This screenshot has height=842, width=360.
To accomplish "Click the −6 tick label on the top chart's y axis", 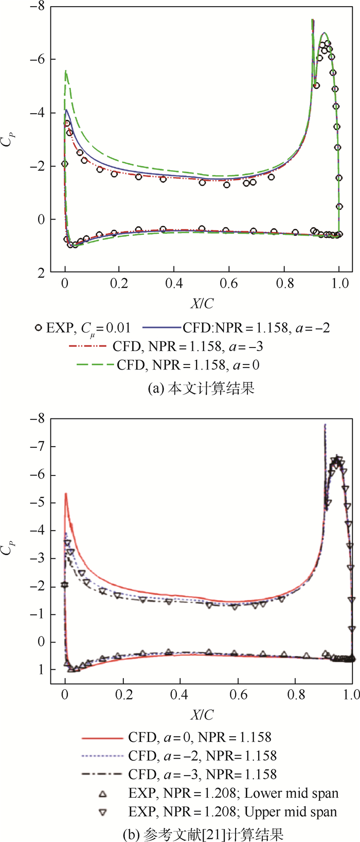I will [38, 60].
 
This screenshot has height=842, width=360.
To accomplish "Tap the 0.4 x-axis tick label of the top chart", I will [174, 283].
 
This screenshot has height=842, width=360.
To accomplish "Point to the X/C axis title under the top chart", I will [202, 304].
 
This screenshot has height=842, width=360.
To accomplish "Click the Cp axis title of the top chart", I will [8, 139].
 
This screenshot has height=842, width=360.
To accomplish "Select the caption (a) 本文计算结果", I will [201, 388].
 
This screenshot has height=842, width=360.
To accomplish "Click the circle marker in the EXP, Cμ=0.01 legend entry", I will [38, 327].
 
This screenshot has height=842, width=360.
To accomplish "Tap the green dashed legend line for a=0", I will [95, 365].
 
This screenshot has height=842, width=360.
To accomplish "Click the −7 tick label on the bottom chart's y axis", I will [38, 447].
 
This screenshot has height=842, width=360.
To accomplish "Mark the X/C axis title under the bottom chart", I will [202, 715].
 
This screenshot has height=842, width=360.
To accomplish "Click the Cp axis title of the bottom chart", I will [8, 550].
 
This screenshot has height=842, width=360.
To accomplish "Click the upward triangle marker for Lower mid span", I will [103, 794].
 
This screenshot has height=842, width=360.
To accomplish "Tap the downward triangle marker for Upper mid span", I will [103, 812].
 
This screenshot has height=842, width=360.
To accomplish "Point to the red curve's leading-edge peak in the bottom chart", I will [66, 493].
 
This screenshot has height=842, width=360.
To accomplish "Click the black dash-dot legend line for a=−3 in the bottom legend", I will [102, 775].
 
